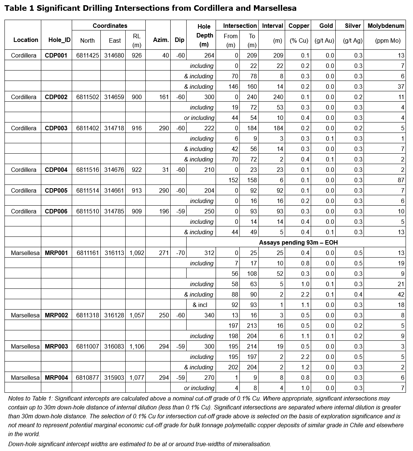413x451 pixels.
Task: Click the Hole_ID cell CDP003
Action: point(56,128)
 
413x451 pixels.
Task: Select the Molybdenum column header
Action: point(385,26)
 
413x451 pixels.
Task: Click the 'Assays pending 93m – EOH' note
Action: point(298,242)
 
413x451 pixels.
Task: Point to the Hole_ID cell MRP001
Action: point(57,253)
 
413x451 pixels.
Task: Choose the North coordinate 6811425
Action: point(88,55)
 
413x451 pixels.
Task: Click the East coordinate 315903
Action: point(114,378)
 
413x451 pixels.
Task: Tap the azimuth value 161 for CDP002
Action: point(159,97)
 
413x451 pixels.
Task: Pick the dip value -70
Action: point(180,253)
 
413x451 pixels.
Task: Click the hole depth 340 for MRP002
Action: point(209,315)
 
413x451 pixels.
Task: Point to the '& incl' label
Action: point(200,305)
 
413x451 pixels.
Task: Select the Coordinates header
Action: point(110,26)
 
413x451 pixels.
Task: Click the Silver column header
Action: point(352,26)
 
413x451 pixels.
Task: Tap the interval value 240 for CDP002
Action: point(278,97)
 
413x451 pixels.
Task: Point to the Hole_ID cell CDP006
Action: point(56,211)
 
